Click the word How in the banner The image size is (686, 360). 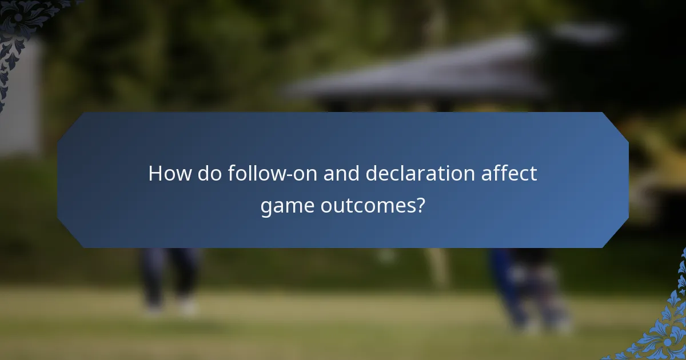[170, 174]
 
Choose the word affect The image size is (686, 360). [510, 174]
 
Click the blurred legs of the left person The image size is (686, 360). [169, 274]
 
